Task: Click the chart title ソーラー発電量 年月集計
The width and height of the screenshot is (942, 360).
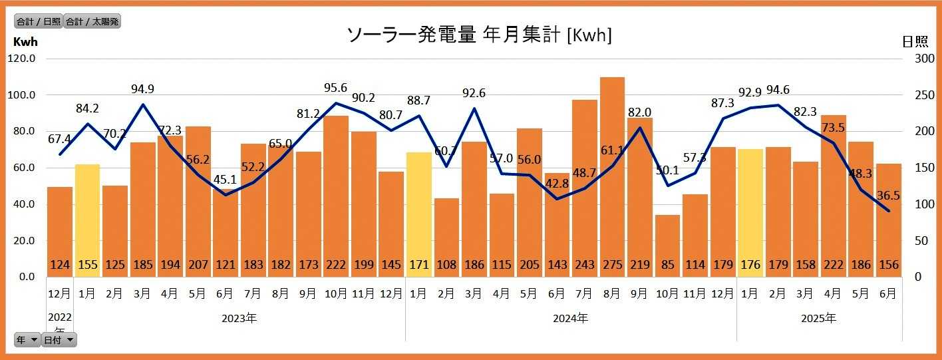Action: pyautogui.click(x=479, y=35)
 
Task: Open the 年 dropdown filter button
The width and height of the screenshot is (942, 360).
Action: pyautogui.click(x=27, y=340)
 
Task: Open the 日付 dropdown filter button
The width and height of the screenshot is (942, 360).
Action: pyautogui.click(x=59, y=340)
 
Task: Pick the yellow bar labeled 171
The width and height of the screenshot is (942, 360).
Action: pyautogui.click(x=418, y=214)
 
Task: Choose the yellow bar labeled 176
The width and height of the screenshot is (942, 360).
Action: pyautogui.click(x=750, y=212)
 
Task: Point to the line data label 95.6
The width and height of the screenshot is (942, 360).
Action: pyautogui.click(x=335, y=88)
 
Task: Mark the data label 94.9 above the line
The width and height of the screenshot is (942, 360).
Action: pyautogui.click(x=143, y=89)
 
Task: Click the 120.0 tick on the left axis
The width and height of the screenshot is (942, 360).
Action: pyautogui.click(x=22, y=59)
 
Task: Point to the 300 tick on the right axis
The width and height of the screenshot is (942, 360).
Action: pyautogui.click(x=915, y=59)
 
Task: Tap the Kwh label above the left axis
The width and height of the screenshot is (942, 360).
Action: pyautogui.click(x=25, y=42)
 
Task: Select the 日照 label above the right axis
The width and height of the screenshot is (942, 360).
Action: pyautogui.click(x=915, y=42)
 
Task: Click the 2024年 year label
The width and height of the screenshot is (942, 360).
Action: pyautogui.click(x=570, y=318)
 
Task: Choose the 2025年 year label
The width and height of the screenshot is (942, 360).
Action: pyautogui.click(x=818, y=318)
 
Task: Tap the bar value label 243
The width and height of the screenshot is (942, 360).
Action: pyautogui.click(x=585, y=265)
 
